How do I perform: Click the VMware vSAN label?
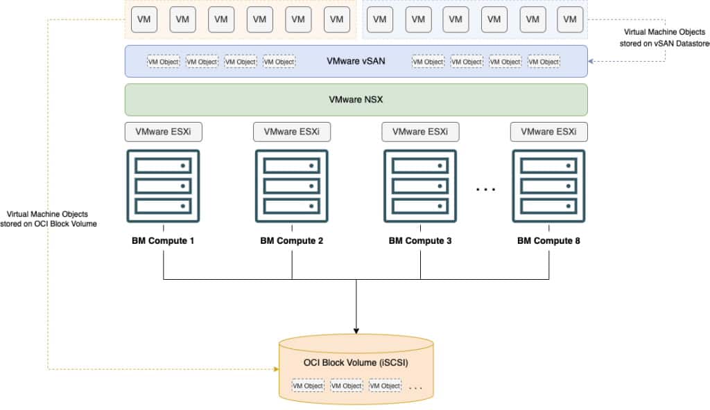pos(356,61)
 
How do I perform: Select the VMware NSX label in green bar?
pos(356,100)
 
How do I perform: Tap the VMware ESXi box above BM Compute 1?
pos(163,132)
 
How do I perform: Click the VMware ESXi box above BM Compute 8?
pos(548,132)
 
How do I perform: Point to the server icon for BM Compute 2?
pos(292,186)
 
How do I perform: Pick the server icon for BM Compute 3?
pos(420,186)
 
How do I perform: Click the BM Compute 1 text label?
pos(163,242)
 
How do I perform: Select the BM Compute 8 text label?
pos(548,242)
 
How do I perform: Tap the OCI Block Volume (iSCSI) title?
pos(356,363)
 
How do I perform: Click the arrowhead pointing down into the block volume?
pos(356,328)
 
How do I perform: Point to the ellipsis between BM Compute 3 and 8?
pos(485,188)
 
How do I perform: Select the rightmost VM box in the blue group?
pos(570,19)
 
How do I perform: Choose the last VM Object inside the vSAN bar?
pos(544,62)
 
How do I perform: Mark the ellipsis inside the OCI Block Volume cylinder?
pos(415,387)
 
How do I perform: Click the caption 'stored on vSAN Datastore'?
pos(662,44)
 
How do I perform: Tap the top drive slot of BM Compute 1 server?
pos(163,166)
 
